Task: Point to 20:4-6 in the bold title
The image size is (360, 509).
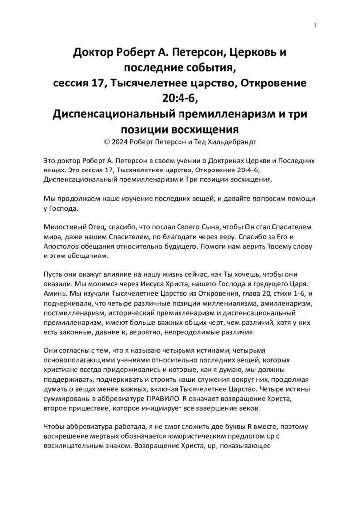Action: (180, 98)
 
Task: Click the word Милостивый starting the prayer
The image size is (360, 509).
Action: (63, 227)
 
